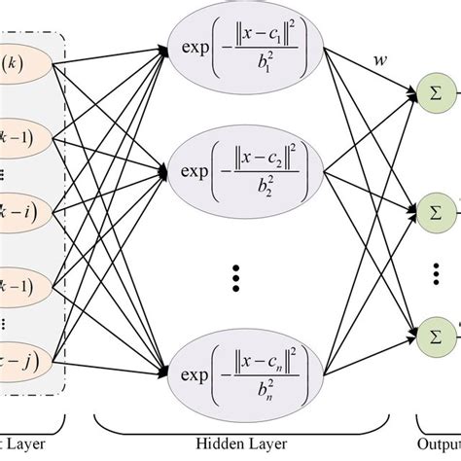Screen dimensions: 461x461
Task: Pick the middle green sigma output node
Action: (435, 209)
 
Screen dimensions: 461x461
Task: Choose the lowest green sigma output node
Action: (435, 326)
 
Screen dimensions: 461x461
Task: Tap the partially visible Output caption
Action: (438, 448)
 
